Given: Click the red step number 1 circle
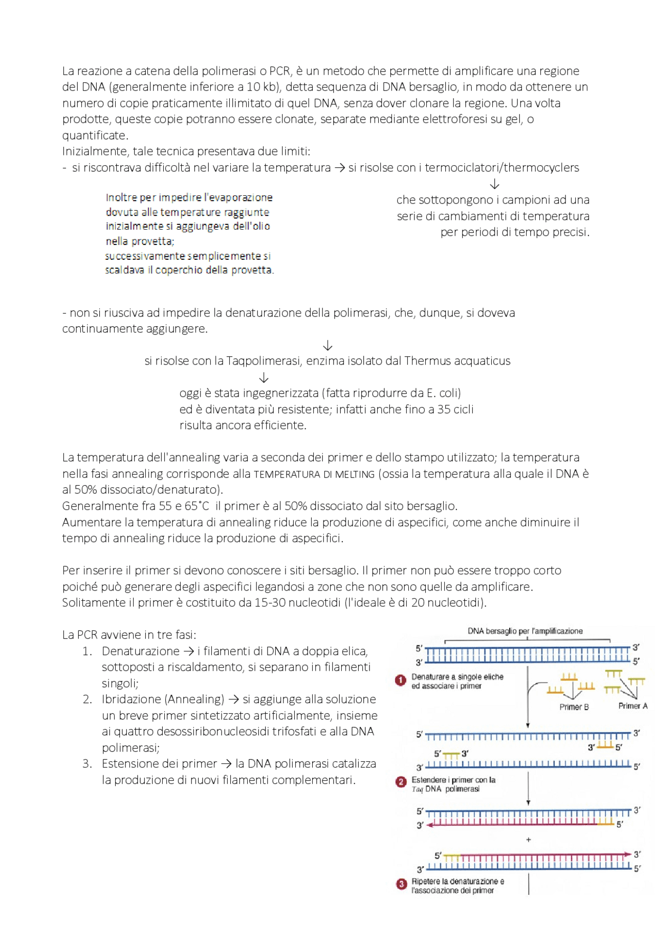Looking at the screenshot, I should click(x=401, y=681).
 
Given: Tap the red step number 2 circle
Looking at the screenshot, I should click(x=401, y=782).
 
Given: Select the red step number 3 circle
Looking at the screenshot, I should click(x=401, y=884).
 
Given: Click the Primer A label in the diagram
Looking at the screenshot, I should click(x=632, y=706).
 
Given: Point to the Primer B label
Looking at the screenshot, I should click(x=574, y=707).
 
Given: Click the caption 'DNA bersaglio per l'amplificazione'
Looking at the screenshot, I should click(x=525, y=631).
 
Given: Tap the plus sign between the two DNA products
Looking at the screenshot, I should click(x=529, y=840).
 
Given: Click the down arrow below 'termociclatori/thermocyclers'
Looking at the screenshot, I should click(x=494, y=184).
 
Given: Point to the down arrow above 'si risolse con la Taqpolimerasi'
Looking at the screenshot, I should click(x=327, y=346).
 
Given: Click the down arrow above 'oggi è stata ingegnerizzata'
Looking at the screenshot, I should click(x=264, y=378).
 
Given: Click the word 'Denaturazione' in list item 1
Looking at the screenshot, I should click(x=140, y=651).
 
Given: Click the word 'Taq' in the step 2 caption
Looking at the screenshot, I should click(x=417, y=789).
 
